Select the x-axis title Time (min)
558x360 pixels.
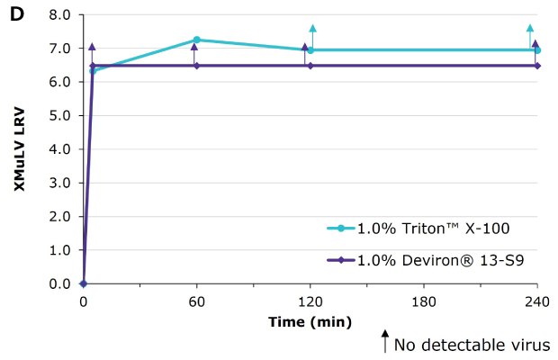(310, 321)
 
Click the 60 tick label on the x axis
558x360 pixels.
(196, 301)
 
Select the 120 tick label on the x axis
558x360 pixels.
(310, 301)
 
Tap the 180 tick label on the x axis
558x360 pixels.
(423, 301)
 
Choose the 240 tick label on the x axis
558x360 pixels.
(535, 301)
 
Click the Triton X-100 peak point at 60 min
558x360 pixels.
(196, 40)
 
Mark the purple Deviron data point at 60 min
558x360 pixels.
(196, 66)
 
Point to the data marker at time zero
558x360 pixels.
(83, 283)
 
